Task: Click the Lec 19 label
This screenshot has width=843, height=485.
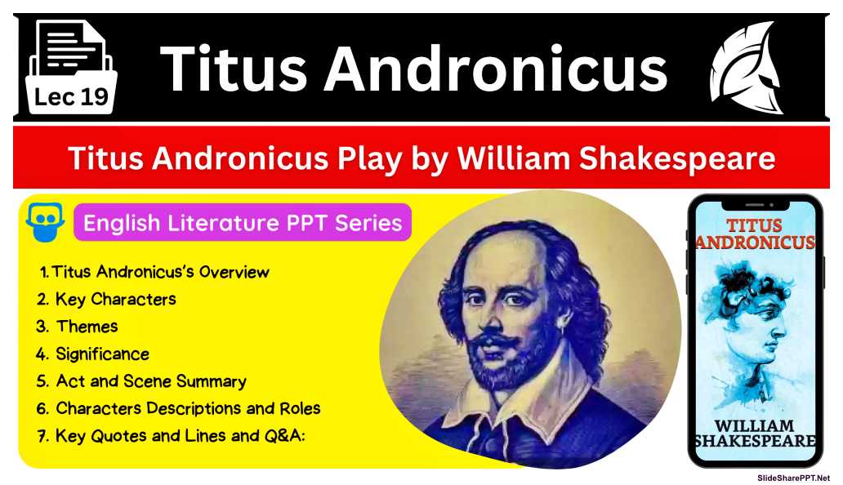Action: pos(72,98)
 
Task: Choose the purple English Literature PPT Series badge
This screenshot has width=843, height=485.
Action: pos(243,222)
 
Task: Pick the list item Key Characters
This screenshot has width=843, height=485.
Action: pos(115,299)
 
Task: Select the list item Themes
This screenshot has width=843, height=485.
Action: pos(87,327)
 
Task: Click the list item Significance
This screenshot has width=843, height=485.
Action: pos(102,354)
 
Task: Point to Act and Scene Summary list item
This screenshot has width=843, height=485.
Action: pos(150,381)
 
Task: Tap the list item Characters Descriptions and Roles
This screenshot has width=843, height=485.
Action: pos(187,408)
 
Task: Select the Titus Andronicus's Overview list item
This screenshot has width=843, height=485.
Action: pos(160,272)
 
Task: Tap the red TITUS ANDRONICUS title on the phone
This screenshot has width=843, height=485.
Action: pos(754,234)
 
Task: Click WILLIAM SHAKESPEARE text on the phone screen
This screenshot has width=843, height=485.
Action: pos(754,434)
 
